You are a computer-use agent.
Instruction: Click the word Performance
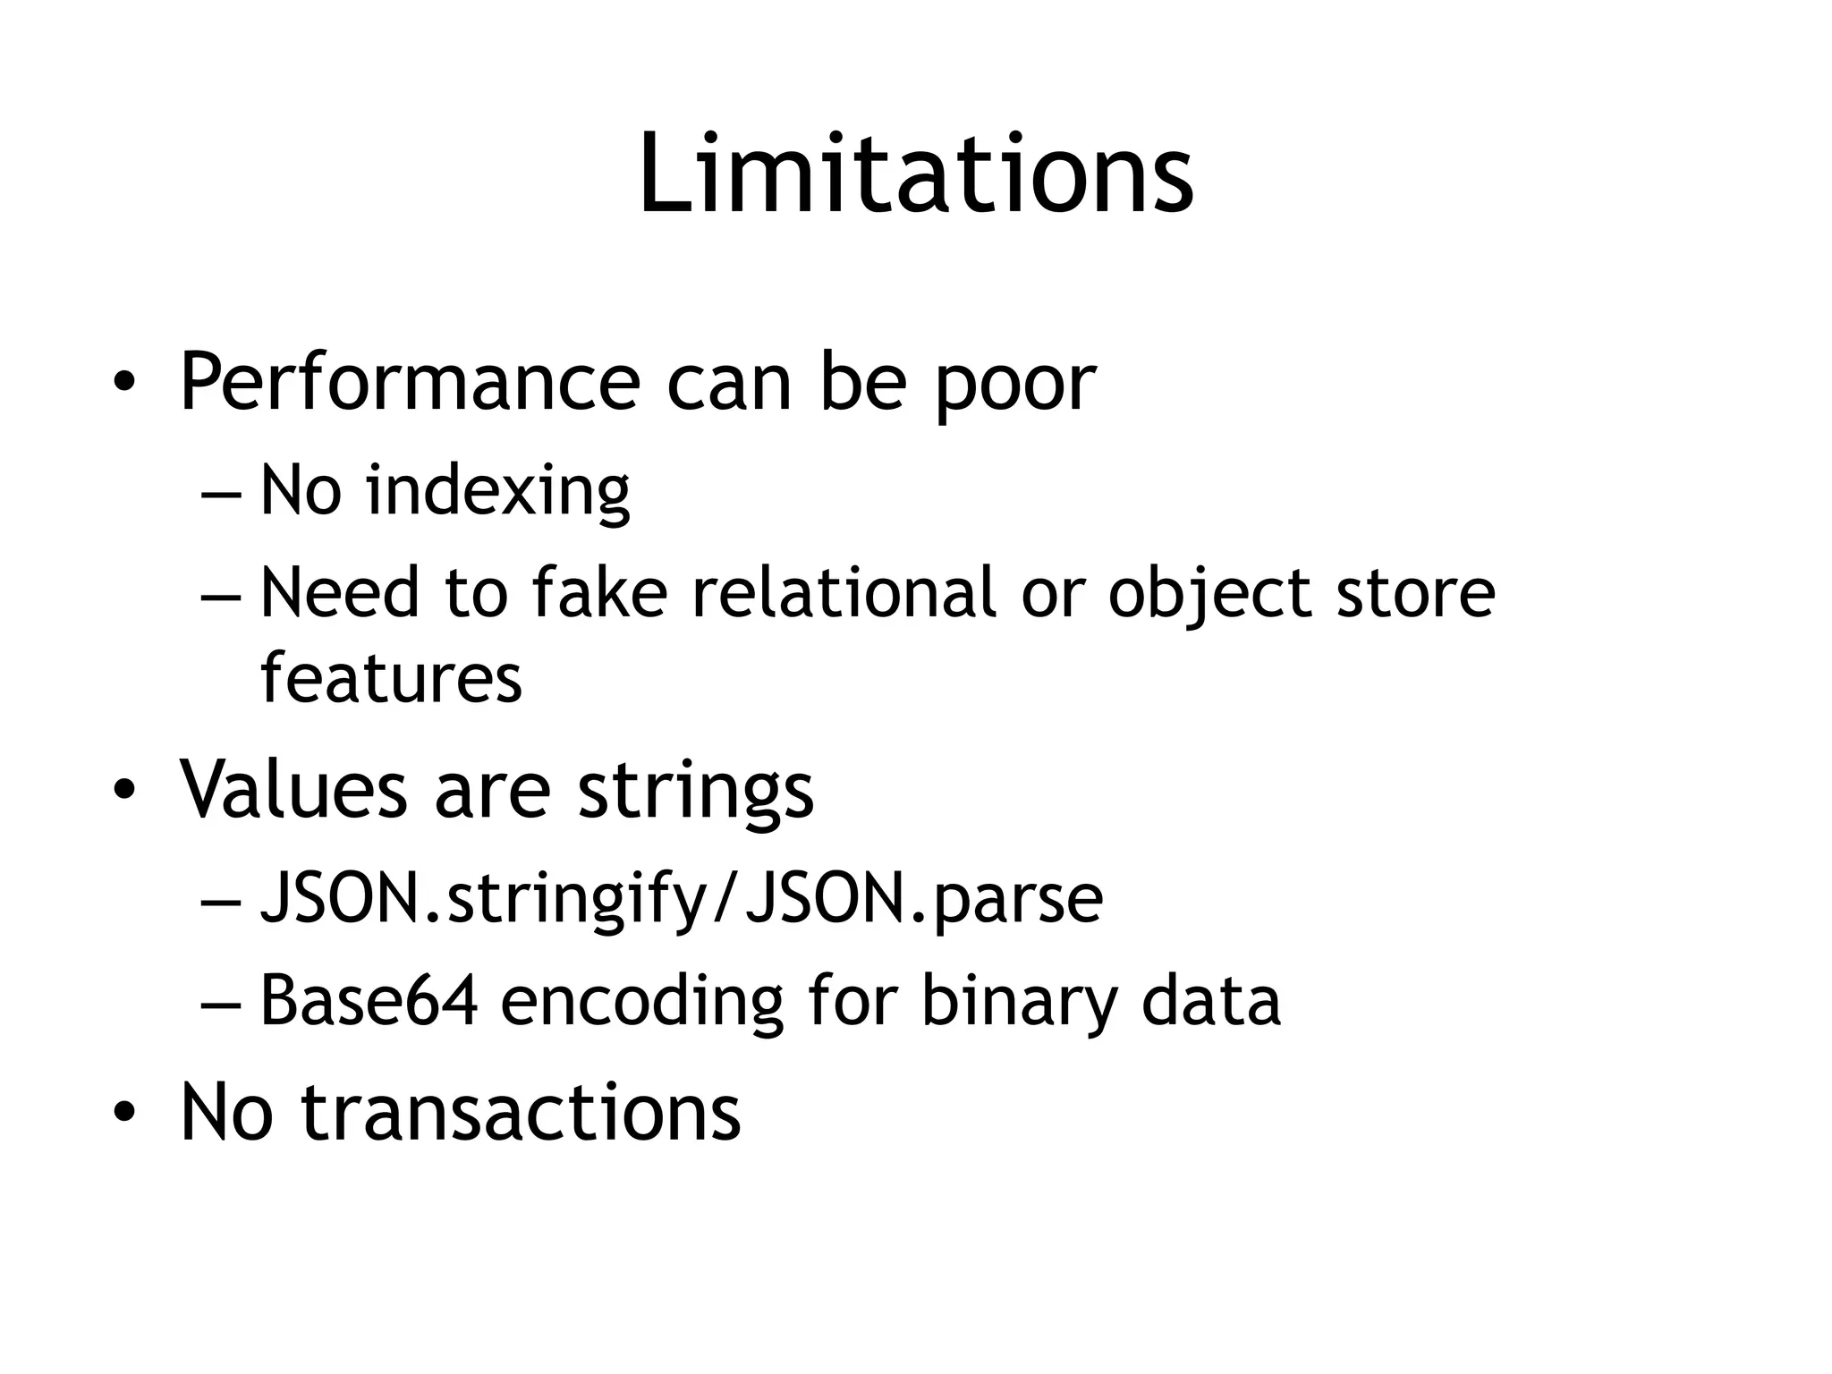410,383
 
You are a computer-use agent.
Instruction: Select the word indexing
498,492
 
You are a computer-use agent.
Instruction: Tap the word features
391,678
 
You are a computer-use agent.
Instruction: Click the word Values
293,790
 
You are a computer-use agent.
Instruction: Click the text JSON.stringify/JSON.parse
681,900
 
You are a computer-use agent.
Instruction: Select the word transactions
521,1112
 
